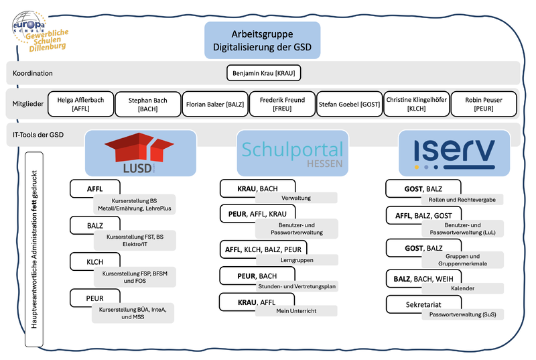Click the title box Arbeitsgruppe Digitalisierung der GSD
262,40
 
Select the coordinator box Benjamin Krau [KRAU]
263,73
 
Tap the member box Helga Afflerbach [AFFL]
80,103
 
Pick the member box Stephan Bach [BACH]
147,103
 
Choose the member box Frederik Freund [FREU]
281,103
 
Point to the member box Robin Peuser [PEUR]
483,103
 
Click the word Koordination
33,73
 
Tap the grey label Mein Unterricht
295,311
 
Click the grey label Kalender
462,288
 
